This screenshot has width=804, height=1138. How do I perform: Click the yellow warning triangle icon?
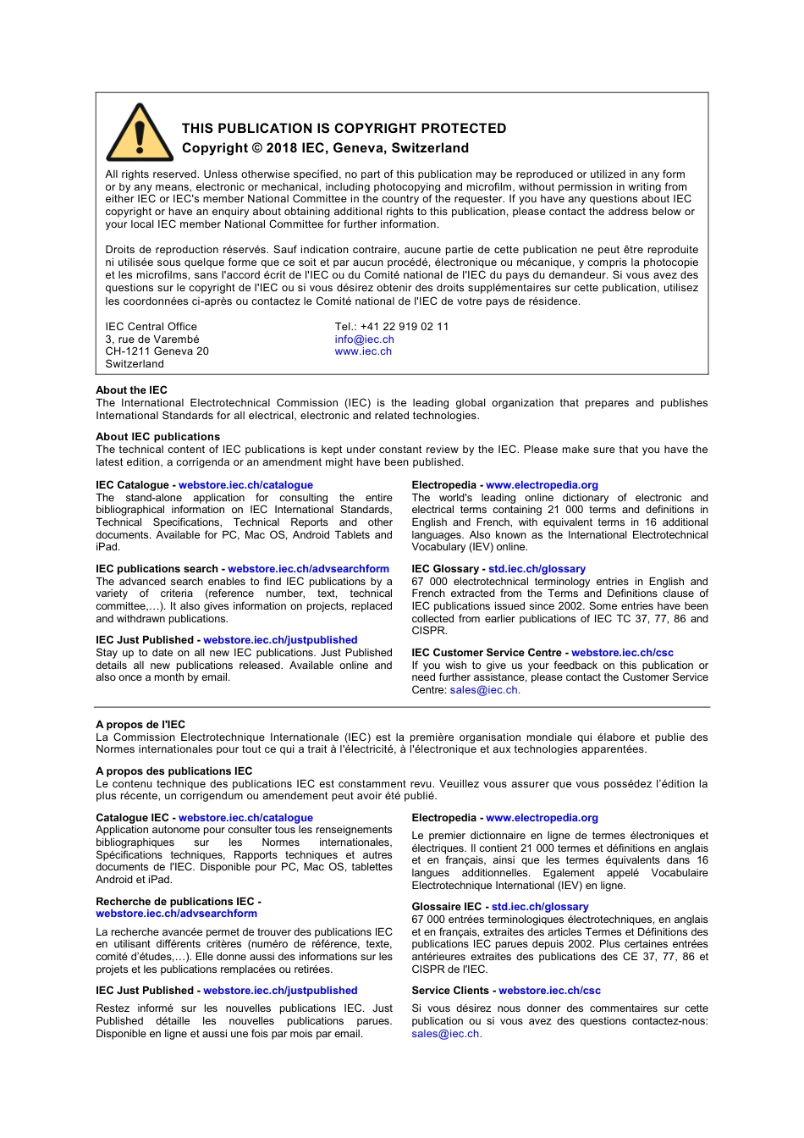click(140, 135)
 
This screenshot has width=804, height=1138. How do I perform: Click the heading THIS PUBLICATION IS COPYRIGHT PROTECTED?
click(344, 129)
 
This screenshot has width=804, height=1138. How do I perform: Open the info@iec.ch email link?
click(364, 340)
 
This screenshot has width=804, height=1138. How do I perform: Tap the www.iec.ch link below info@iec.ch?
click(363, 351)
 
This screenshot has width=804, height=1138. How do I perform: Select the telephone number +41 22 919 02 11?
click(404, 327)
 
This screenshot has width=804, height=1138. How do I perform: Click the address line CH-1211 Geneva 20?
click(157, 351)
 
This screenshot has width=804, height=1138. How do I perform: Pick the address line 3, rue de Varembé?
click(152, 340)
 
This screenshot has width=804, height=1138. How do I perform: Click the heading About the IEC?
click(131, 390)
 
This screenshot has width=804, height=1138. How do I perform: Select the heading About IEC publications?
click(157, 437)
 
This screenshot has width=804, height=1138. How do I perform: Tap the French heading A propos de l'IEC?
click(140, 725)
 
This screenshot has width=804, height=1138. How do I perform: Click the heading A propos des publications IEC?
click(173, 771)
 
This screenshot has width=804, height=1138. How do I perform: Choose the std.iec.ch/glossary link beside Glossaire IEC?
click(540, 907)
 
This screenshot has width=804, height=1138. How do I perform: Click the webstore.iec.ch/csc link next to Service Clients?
click(549, 991)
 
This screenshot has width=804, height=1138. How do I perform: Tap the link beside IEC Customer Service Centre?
click(622, 653)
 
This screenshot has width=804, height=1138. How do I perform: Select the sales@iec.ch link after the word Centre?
click(483, 690)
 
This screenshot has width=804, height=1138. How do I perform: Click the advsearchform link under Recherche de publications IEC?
click(176, 914)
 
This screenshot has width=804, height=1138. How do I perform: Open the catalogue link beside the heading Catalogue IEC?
click(245, 818)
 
